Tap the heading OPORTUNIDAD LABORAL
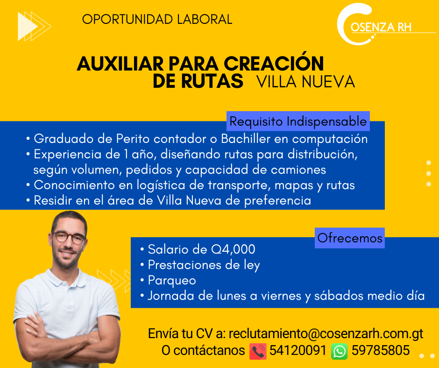[157, 20]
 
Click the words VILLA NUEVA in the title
[306, 82]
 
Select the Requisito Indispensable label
[298, 121]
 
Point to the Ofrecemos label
[350, 238]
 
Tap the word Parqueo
[172, 281]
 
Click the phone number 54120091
[298, 350]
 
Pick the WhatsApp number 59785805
[381, 350]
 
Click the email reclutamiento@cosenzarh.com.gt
[326, 333]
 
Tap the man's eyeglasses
[69, 238]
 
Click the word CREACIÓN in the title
[274, 63]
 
